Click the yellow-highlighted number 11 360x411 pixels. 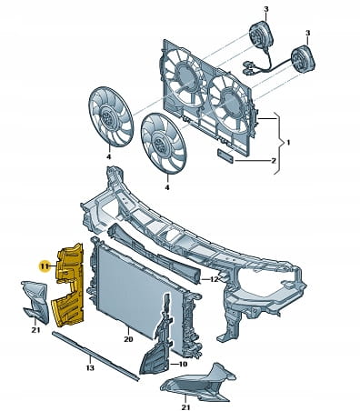45,266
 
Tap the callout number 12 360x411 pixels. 215,279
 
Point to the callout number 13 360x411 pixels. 90,367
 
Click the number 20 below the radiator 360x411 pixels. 128,339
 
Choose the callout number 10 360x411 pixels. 183,364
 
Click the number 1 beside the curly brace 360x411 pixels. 288,142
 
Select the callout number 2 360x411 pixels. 274,160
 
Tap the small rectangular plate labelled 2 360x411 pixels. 225,155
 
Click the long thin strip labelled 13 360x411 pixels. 95,356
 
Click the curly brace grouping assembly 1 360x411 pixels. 279,143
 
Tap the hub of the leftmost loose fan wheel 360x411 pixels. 107,116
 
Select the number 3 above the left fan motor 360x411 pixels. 265,9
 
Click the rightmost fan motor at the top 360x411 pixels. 303,60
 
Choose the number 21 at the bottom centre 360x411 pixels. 185,407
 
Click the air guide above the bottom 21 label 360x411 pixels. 198,382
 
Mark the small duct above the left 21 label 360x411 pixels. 35,302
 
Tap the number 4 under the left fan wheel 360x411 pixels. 108,156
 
